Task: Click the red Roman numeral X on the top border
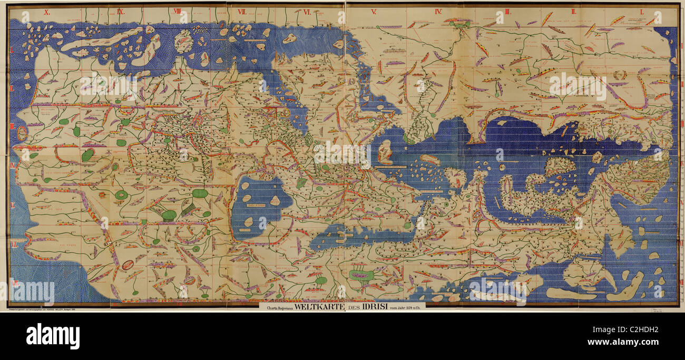[47, 11]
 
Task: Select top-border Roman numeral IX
[121, 11]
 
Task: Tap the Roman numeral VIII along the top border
[177, 11]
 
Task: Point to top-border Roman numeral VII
[242, 11]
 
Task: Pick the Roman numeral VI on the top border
[307, 11]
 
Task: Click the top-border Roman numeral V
[373, 11]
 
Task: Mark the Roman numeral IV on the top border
[438, 11]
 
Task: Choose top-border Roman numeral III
[507, 11]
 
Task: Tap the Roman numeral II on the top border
[575, 11]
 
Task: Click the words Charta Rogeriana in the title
[277, 306]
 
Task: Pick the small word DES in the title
[345, 306]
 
